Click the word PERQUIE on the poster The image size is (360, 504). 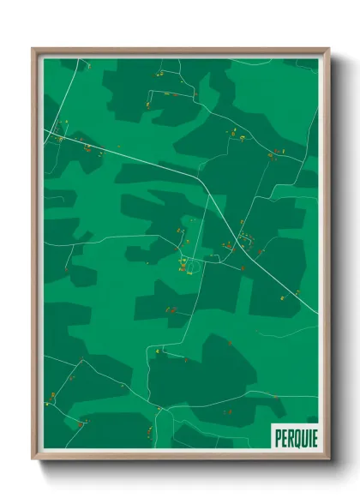(x=294, y=435)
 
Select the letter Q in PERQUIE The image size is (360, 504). (x=294, y=435)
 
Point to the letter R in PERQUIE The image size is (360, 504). (x=288, y=435)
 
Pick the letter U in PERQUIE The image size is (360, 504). (x=301, y=435)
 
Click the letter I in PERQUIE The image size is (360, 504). (x=306, y=435)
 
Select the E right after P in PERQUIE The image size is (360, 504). (x=283, y=435)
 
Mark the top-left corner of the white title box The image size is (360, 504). (x=271, y=424)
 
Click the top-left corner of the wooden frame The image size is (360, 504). (x=33, y=49)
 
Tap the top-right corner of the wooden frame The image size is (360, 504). (x=329, y=49)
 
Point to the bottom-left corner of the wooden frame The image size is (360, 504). (x=33, y=459)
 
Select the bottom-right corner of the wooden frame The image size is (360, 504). (x=329, y=459)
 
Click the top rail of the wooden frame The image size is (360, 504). (x=180, y=51)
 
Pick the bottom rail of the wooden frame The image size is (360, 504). (x=180, y=457)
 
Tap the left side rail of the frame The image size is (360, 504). (x=34, y=257)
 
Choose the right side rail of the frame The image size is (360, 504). (x=327, y=257)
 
